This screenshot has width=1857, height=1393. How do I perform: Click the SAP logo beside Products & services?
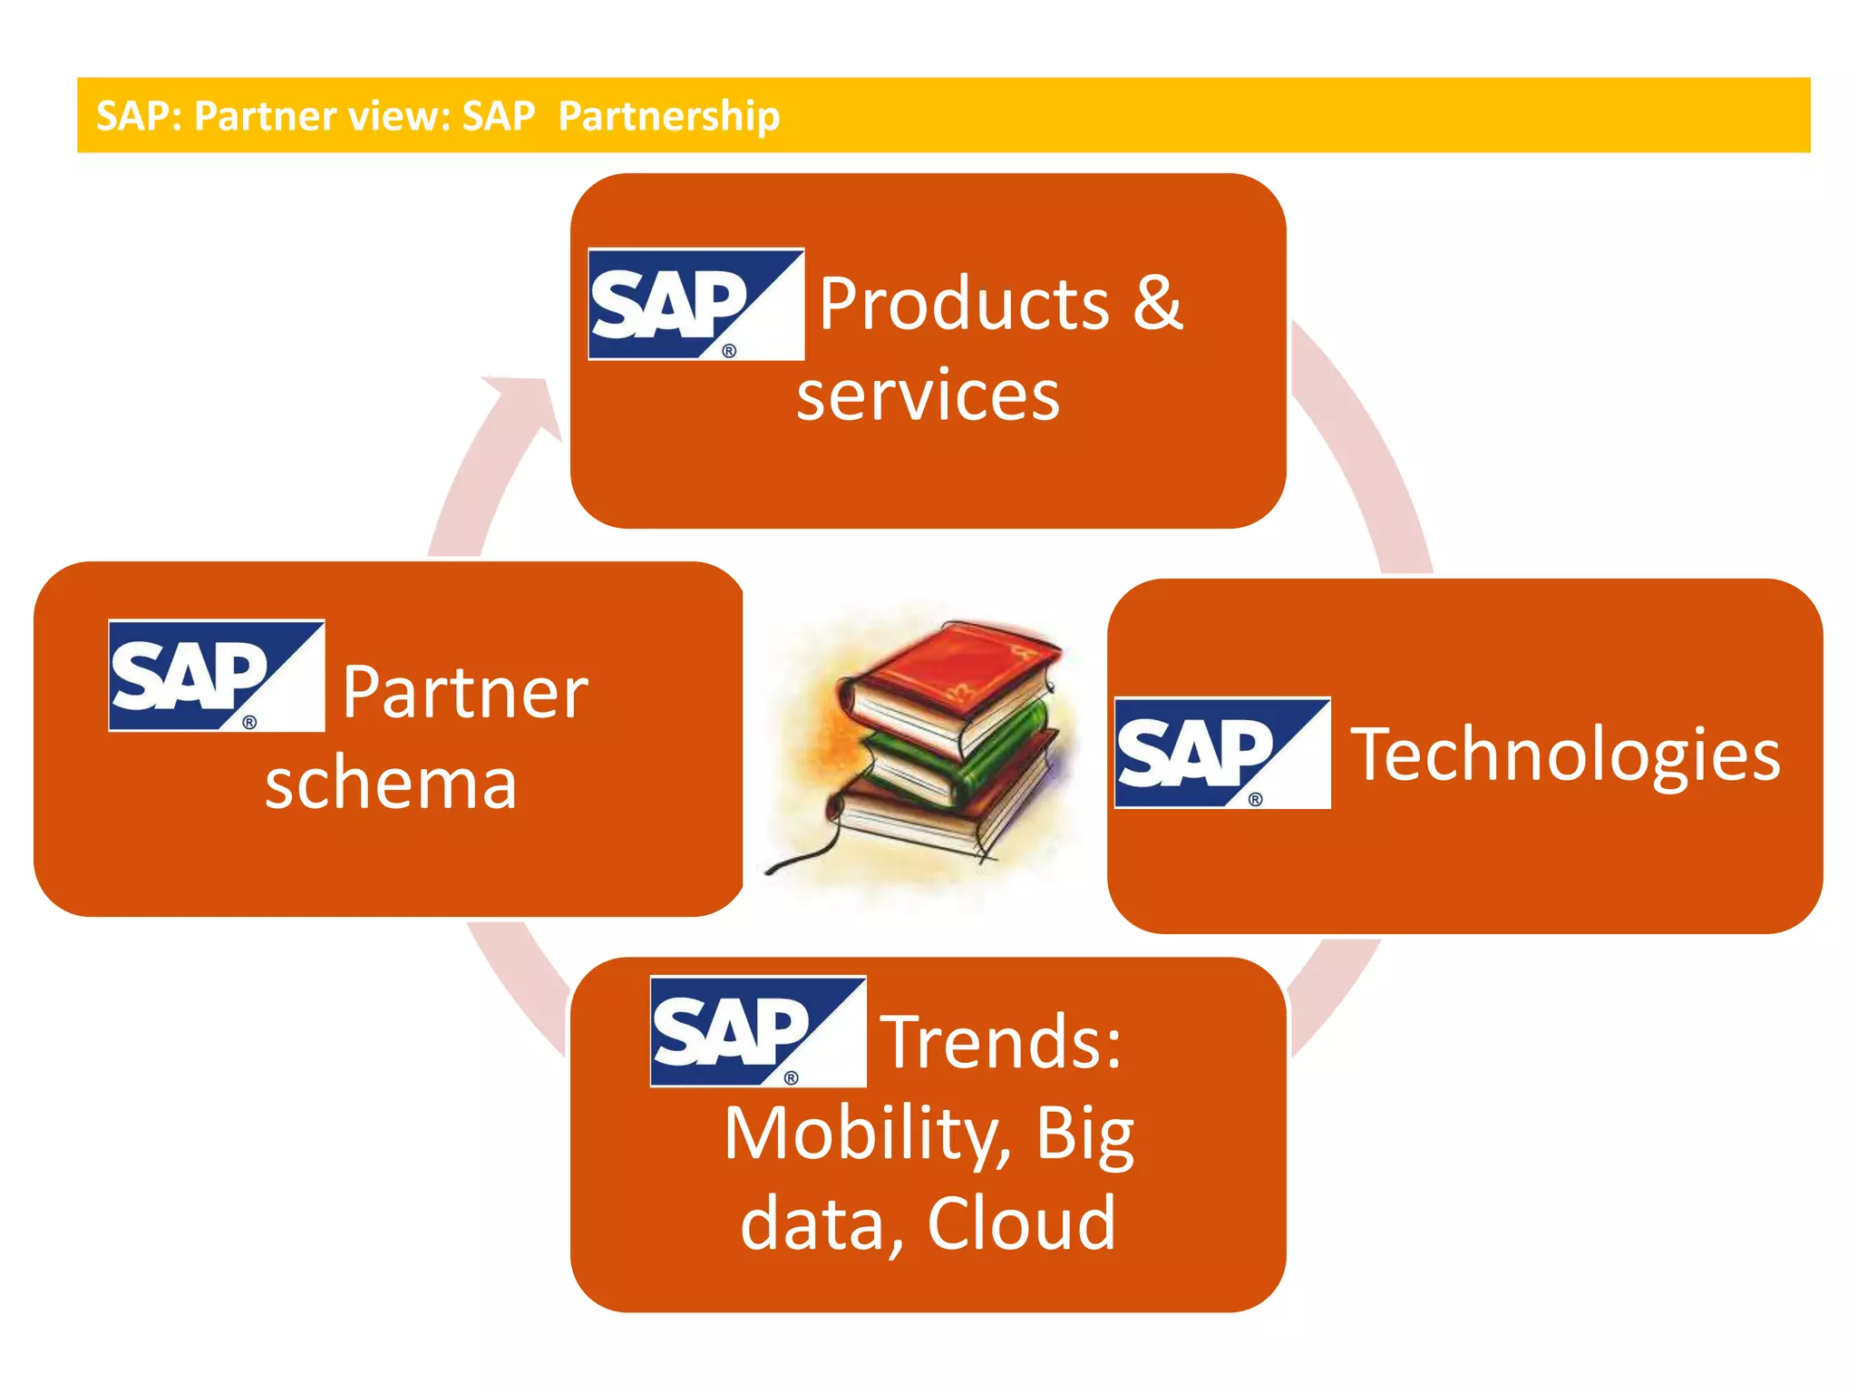click(x=695, y=304)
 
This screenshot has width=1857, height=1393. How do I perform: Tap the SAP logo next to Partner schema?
click(x=216, y=675)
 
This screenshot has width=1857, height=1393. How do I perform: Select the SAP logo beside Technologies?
click(x=1221, y=753)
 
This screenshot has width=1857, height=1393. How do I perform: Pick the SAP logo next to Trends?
click(x=757, y=1031)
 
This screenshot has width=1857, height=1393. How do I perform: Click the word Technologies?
click(x=1566, y=755)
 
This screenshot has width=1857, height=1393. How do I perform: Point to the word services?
click(x=928, y=395)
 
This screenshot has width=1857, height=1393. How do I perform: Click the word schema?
click(x=391, y=783)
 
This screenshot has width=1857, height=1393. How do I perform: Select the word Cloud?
click(x=1021, y=1223)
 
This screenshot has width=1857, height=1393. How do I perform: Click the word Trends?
click(x=1002, y=1042)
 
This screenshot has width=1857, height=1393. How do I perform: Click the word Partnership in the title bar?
click(x=669, y=116)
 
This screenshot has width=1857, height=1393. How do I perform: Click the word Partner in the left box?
click(x=465, y=693)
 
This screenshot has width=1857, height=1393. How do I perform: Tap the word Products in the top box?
click(x=965, y=304)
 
